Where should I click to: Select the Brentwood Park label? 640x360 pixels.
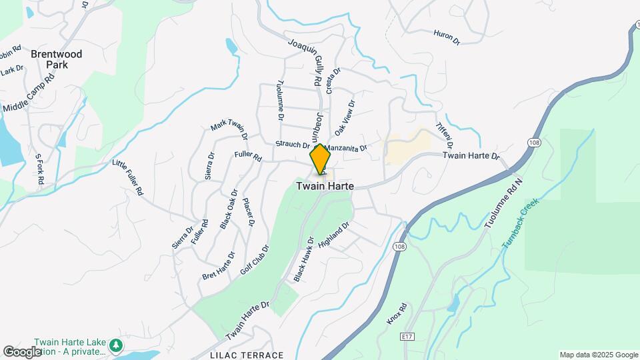tap(56, 59)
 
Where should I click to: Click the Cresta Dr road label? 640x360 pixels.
tap(333, 81)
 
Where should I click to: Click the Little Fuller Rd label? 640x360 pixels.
tap(128, 177)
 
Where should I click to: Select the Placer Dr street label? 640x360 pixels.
tap(248, 212)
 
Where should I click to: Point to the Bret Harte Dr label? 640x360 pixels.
tap(219, 265)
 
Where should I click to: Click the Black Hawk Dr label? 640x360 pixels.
tap(303, 259)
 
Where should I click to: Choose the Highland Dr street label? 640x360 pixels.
tap(333, 237)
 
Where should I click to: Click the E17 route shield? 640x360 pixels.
tap(408, 338)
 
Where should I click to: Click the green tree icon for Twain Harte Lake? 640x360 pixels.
tap(117, 345)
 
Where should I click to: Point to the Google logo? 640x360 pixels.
tap(22, 351)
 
